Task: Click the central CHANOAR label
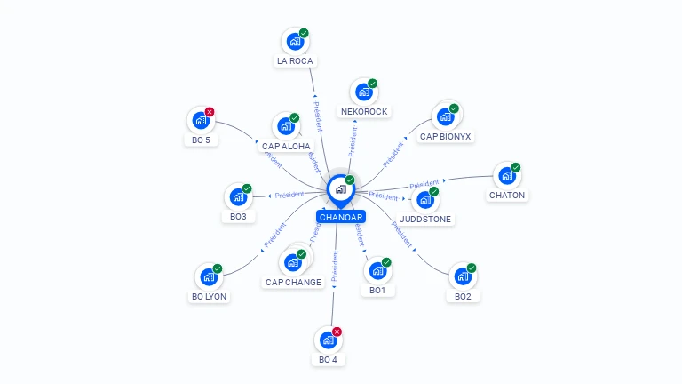coord(341,217)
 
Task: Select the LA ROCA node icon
coord(295,42)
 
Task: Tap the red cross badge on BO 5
coord(210,112)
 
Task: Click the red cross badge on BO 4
coord(337,332)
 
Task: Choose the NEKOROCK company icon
coord(363,92)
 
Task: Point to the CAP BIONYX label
coord(446,136)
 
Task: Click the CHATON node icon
coord(506,175)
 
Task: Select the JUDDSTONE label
coord(425,219)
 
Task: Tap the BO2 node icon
coord(462,276)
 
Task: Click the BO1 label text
coord(377,291)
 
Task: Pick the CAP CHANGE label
coord(293,282)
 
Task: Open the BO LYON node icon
coord(209,276)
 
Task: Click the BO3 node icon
coord(238,196)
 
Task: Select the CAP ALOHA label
coord(286,146)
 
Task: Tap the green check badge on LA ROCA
coord(304,33)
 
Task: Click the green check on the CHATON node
coord(515,167)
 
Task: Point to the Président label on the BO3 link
coord(289,195)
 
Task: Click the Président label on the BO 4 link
coord(336,267)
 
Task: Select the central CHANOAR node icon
coord(340,188)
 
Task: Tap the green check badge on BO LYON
coord(218,268)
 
